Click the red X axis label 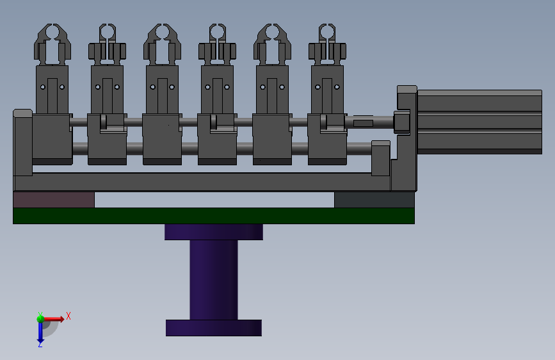68,316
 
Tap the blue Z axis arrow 40,332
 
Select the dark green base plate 214,216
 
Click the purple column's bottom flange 214,328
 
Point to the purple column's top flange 214,232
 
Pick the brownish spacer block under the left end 54,200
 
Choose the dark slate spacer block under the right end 374,200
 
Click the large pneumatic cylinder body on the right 479,122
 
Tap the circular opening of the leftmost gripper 52,32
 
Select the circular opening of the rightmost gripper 327,32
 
